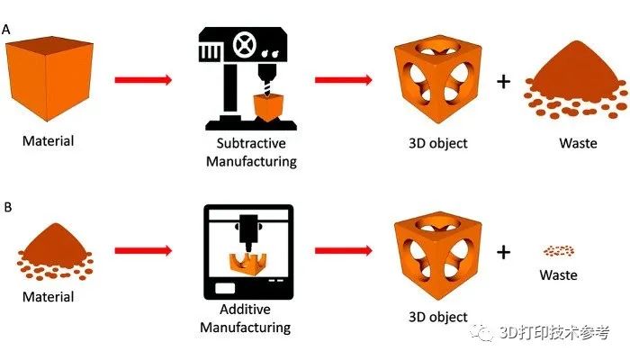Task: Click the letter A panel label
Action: pos(7,30)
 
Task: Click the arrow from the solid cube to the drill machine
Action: pos(143,80)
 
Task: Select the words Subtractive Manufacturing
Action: pos(250,153)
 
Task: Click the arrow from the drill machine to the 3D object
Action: pos(344,80)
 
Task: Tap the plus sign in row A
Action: pos(503,82)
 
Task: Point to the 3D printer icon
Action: pos(248,251)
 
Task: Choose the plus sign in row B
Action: pos(503,252)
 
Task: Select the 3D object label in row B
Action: pos(436,317)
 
